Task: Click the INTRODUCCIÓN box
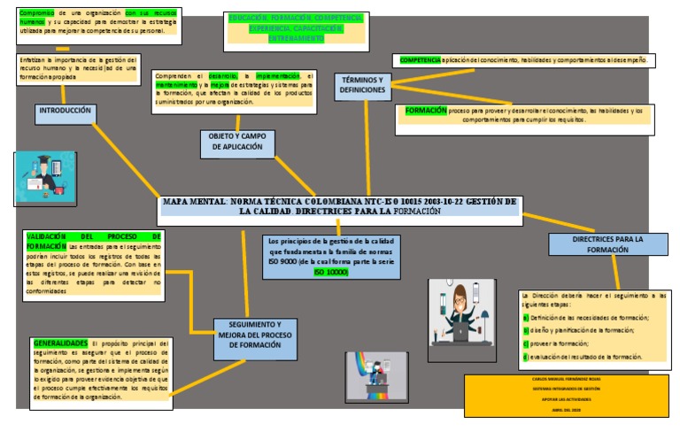pyautogui.click(x=66, y=112)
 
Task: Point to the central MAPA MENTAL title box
pyautogui.click(x=339, y=205)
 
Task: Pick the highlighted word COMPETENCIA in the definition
pyautogui.click(x=420, y=60)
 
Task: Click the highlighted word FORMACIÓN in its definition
pyautogui.click(x=426, y=111)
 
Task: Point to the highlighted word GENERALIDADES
pyautogui.click(x=60, y=342)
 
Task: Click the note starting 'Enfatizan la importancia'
pyautogui.click(x=78, y=68)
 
